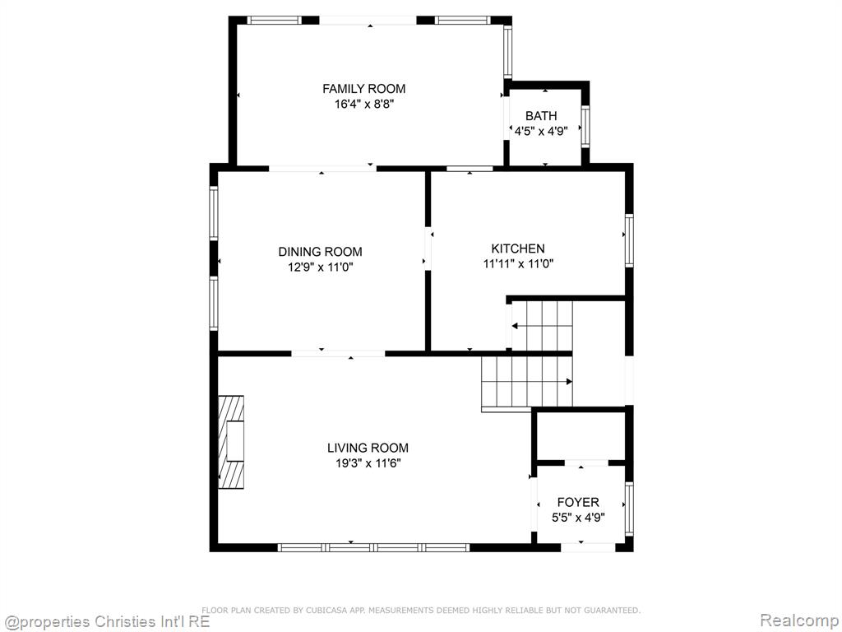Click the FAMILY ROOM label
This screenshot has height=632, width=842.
(363, 89)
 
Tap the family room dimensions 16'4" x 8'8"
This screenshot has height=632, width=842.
(364, 105)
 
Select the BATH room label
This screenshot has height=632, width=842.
(541, 115)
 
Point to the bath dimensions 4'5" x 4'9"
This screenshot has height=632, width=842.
(541, 131)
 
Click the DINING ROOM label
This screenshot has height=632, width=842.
(320, 252)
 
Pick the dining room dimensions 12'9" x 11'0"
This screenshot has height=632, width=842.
(321, 267)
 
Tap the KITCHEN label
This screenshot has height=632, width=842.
(518, 249)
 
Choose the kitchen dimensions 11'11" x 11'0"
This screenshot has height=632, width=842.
(518, 264)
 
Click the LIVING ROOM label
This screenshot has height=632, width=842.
(368, 448)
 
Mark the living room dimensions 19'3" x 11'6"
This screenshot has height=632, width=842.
(368, 463)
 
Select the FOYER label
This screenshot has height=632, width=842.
(578, 503)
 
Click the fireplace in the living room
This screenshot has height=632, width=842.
(231, 442)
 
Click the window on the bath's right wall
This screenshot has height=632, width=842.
(585, 127)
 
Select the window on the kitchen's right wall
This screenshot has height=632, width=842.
(629, 240)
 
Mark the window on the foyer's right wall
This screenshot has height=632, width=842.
(629, 509)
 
